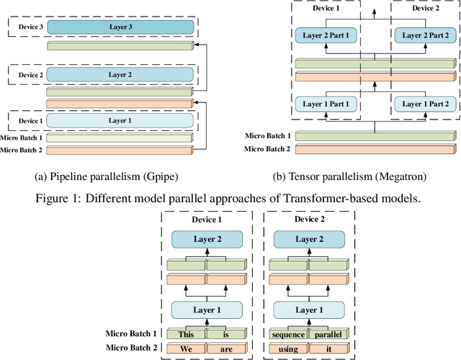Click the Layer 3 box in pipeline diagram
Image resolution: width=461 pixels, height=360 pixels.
point(121,27)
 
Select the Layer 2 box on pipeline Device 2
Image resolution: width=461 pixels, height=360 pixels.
point(121,74)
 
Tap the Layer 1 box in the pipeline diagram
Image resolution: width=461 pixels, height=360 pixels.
point(121,120)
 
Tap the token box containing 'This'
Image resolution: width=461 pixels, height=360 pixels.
point(187,333)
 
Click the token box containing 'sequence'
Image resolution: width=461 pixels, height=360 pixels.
point(288,333)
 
